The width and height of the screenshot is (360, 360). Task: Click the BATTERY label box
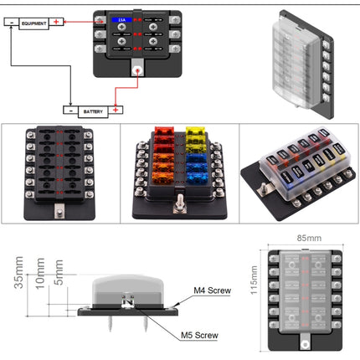(91, 110)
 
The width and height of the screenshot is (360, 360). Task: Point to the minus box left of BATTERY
(69, 110)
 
